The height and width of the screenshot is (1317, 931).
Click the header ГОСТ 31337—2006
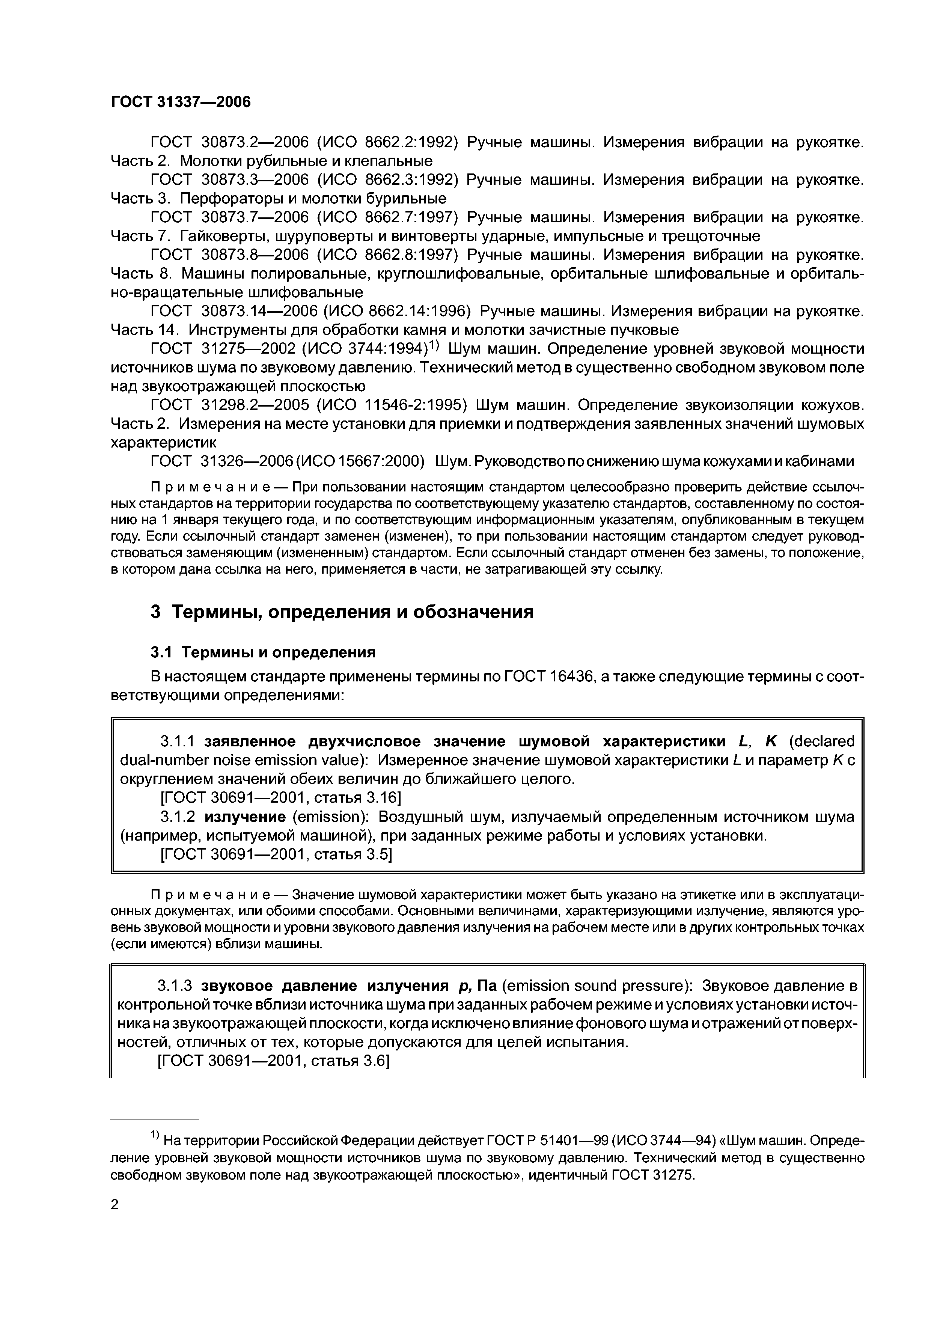[181, 102]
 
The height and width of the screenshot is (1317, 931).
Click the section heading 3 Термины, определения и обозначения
[342, 612]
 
